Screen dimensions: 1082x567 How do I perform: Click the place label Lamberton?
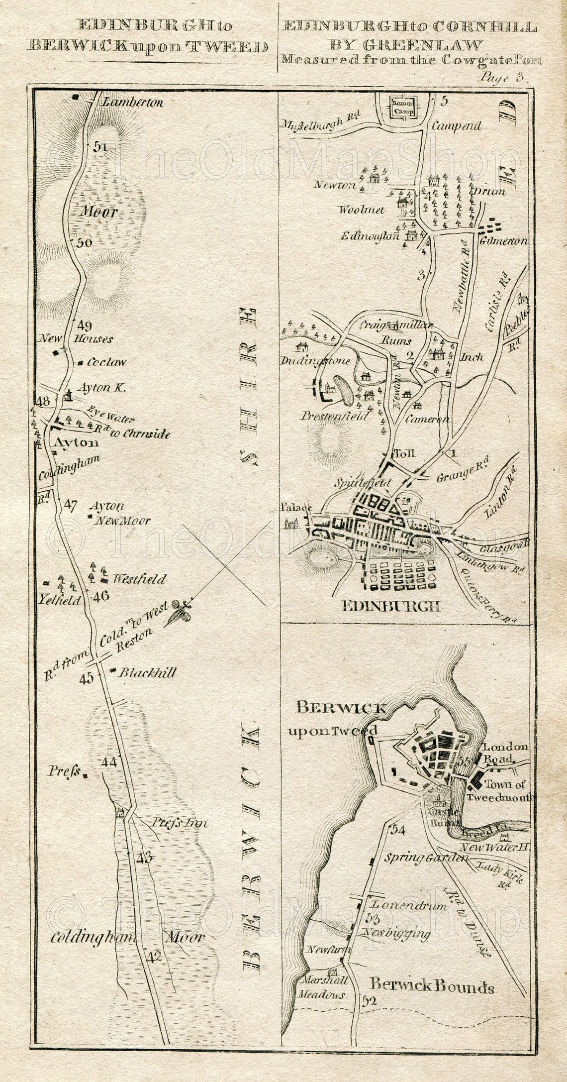click(132, 103)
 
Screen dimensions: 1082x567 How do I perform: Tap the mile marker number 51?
click(101, 146)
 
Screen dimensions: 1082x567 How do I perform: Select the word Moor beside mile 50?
click(98, 213)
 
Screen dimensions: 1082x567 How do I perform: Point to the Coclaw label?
click(106, 362)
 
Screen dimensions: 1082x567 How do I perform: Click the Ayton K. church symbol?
click(67, 396)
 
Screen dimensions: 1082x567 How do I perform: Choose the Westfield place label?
click(139, 579)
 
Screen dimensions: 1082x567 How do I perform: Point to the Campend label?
click(456, 126)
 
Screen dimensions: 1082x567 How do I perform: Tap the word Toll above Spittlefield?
click(404, 453)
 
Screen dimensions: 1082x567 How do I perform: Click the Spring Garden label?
click(427, 858)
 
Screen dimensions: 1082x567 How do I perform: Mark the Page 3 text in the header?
click(502, 78)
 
